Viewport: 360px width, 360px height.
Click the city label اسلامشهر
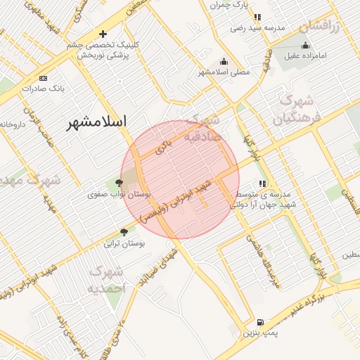97,122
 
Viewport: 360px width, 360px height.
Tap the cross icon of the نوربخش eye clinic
103,34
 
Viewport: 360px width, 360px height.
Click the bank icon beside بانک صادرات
44,78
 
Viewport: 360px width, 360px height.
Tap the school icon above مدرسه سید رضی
257,17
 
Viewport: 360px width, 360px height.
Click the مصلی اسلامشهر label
224,72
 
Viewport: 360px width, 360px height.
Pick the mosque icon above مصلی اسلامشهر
224,61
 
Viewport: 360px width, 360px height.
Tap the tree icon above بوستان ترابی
124,231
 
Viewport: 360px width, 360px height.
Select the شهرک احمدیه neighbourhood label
107,280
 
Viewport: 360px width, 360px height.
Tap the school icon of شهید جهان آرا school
263,184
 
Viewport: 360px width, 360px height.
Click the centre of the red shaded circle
179,180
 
